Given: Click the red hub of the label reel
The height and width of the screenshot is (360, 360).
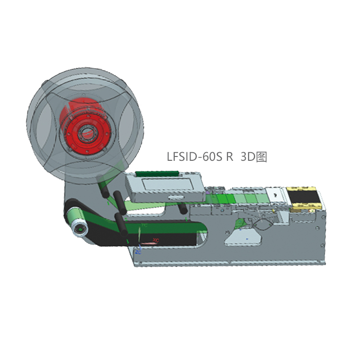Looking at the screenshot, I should (85, 126).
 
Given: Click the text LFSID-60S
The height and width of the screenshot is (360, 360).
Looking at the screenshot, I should (196, 156).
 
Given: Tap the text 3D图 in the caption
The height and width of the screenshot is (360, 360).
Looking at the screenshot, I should (253, 156).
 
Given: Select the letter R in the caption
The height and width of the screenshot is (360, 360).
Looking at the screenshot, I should (230, 156).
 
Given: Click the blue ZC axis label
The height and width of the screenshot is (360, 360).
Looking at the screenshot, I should (138, 251).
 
